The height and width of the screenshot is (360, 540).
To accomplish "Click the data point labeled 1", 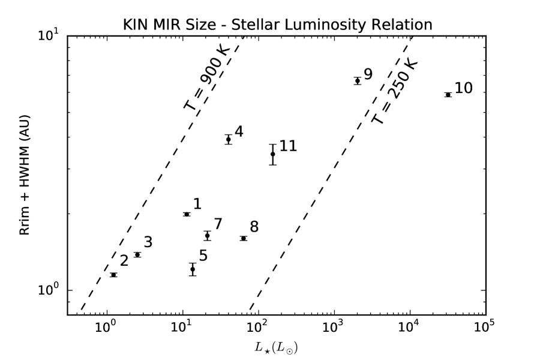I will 187,214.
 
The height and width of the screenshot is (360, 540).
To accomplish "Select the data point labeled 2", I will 113,275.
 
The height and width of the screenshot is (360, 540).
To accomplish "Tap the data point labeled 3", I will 137,254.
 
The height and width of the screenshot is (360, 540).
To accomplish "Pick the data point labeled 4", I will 229,139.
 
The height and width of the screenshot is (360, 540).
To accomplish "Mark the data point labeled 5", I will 193,269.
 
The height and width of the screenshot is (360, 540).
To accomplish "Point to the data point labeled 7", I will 208,236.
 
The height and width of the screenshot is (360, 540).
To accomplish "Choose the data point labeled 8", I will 244,238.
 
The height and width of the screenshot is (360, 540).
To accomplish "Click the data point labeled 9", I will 358,80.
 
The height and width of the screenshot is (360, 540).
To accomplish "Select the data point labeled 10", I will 448,95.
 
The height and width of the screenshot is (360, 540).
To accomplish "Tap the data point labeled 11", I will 273,154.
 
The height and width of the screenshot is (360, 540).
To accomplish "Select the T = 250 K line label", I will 394,91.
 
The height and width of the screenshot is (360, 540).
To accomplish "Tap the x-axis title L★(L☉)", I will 277,346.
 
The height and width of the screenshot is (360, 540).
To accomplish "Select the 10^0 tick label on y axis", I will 49,290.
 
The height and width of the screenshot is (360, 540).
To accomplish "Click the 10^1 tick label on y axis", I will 49,36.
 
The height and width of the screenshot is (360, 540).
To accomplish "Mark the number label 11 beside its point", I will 289,146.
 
